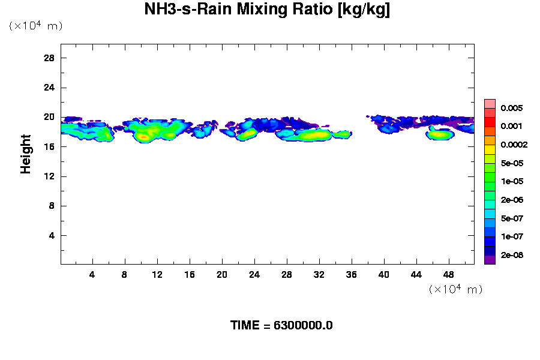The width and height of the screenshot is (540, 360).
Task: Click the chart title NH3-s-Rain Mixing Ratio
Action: pos(267,10)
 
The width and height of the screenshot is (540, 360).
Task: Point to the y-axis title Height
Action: pos(26,154)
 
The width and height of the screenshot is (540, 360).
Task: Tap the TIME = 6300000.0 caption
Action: pos(281,325)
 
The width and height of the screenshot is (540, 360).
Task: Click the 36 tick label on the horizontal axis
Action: pos(352,274)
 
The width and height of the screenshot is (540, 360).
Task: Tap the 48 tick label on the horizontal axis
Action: pos(449,274)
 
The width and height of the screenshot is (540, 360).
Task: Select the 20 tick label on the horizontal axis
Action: pos(222,274)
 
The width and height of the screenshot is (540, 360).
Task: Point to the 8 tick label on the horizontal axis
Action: pos(125,274)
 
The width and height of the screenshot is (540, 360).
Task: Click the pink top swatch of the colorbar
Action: pos(490,103)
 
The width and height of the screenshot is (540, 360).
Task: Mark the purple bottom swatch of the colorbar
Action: pos(490,260)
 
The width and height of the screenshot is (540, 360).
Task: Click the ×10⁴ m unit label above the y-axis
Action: pos(35,26)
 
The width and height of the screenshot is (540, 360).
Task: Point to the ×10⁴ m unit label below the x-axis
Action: pos(455,289)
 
